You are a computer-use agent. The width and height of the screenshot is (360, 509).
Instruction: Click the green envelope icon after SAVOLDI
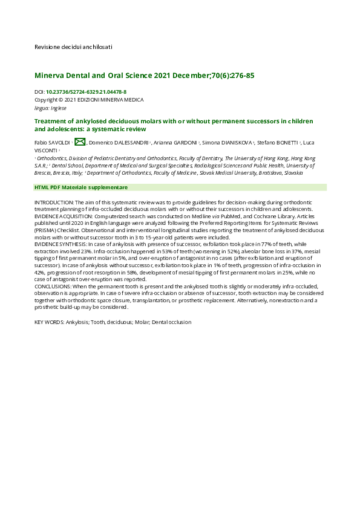80,141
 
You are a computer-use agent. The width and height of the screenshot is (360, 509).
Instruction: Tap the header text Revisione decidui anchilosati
73,47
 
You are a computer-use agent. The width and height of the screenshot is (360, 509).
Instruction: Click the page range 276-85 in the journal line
241,76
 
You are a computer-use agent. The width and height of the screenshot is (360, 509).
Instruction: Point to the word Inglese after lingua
59,108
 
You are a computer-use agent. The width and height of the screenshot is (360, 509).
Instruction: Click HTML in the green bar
41,187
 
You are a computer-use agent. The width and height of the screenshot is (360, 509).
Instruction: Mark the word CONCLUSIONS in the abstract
54,287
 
